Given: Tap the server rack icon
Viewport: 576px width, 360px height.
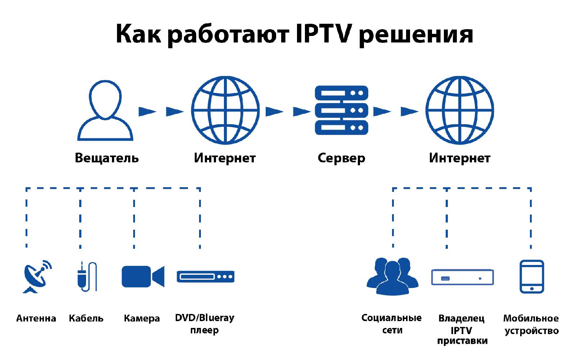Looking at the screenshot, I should tap(341, 110).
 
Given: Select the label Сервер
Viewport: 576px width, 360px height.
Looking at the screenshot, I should tap(341, 158).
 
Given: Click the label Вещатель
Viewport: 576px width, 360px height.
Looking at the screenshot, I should tap(107, 158).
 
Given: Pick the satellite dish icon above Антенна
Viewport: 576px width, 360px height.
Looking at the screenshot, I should tap(36, 276).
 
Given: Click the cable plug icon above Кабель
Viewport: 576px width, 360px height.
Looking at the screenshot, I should tap(86, 276).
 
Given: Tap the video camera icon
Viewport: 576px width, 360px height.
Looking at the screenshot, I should tap(143, 276).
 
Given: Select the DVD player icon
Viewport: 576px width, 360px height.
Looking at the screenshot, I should tap(206, 276).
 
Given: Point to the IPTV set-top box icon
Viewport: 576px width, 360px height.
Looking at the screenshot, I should tap(462, 277).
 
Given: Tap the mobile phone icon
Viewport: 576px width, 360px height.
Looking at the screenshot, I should tap(531, 276).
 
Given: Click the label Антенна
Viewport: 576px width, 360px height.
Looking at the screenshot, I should tap(36, 319).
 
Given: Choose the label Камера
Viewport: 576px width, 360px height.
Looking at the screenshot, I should tap(142, 319).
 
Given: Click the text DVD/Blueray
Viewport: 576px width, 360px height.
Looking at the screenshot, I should tap(204, 318).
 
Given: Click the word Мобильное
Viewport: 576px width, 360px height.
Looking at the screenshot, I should tap(531, 319).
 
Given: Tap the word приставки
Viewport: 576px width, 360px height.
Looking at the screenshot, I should tap(462, 341).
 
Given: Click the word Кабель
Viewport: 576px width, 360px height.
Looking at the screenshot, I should tap(86, 319).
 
